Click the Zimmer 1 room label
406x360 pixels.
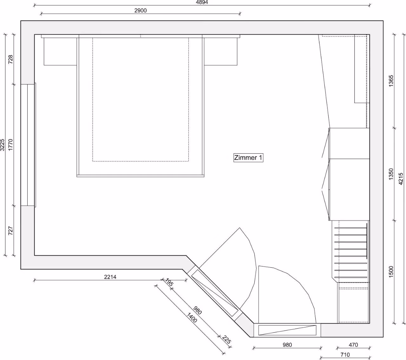248,158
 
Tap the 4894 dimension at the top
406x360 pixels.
202,2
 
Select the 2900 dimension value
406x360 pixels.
141,10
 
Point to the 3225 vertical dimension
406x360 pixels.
2,145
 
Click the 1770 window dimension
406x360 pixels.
10,145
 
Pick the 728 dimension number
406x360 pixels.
10,59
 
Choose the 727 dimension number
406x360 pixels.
10,231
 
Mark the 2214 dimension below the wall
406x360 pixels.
110,277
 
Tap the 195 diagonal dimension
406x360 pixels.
169,282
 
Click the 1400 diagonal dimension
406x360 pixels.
192,318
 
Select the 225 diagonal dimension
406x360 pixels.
227,339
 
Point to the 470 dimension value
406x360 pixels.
353,345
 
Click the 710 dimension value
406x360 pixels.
345,355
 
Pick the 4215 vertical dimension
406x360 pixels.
401,179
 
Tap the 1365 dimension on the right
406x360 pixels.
391,81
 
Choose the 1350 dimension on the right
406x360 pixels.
391,174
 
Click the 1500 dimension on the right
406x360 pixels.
391,272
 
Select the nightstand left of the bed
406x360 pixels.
60,51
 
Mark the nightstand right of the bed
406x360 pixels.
221,51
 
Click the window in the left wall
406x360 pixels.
28,145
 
